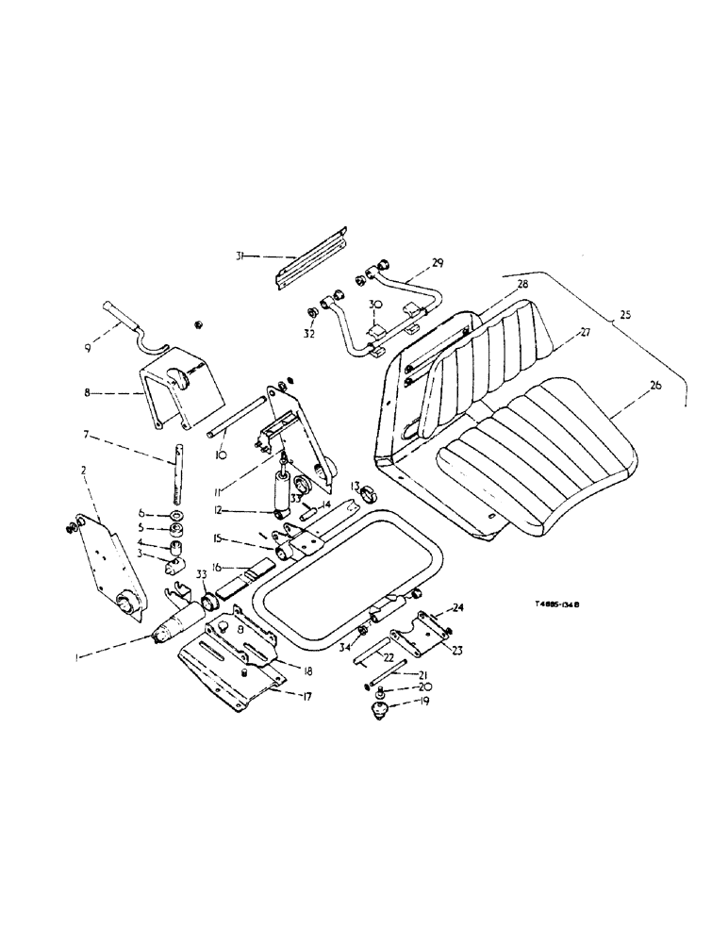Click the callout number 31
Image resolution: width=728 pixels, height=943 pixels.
[240, 255]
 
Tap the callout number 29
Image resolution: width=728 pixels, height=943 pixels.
[438, 262]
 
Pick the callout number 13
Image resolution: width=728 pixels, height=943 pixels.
[356, 485]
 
